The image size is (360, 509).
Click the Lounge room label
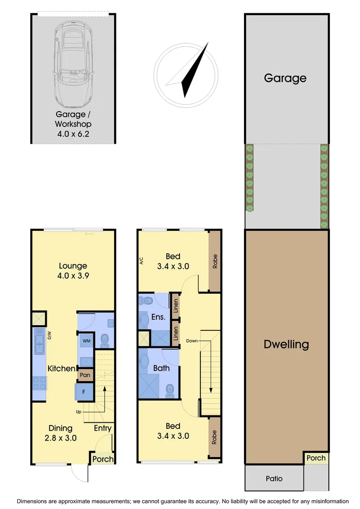point(73,266)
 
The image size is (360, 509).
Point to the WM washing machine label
point(87,340)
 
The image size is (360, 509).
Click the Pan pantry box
point(85,375)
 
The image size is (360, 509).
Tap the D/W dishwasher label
point(49,335)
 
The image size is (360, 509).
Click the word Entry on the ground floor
point(102,428)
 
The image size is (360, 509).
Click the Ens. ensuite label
point(158,317)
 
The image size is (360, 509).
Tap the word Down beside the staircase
point(192,340)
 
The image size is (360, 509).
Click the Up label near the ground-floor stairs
point(79,411)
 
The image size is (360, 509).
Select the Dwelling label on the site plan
point(286,344)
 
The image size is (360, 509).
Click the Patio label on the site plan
point(274,478)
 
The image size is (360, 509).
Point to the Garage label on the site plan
point(285,78)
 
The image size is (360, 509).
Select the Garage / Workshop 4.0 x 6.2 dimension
point(73,133)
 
